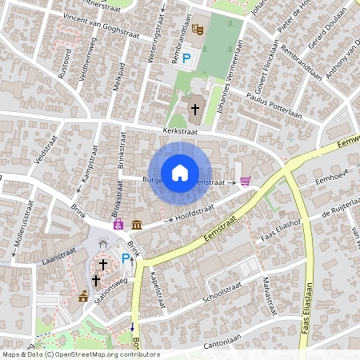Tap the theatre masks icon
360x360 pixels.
click(x=198, y=28)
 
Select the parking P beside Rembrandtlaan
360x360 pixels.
click(x=187, y=58)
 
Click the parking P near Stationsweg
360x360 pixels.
click(x=126, y=258)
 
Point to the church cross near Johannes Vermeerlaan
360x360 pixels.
click(x=196, y=108)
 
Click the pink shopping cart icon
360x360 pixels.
click(x=245, y=182)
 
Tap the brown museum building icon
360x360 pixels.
click(x=138, y=225)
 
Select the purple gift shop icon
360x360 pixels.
click(x=118, y=225)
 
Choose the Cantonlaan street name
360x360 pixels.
click(x=224, y=343)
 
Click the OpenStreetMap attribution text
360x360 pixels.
click(x=80, y=354)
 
